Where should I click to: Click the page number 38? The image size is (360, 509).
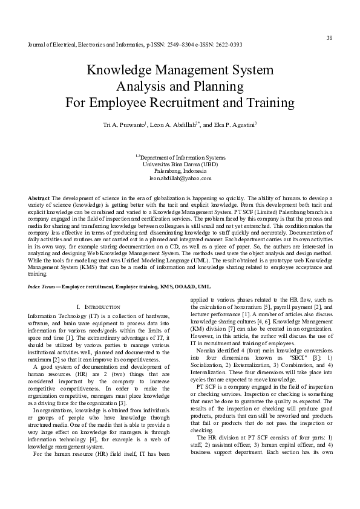(x=329, y=38)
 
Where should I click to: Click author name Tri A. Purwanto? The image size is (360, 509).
(x=126, y=125)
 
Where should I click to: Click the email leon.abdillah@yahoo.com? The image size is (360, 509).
(x=180, y=178)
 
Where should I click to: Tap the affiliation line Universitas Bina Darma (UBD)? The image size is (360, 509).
(x=180, y=164)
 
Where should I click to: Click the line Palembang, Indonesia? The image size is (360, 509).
(x=180, y=171)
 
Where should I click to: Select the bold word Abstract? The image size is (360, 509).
(x=39, y=198)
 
